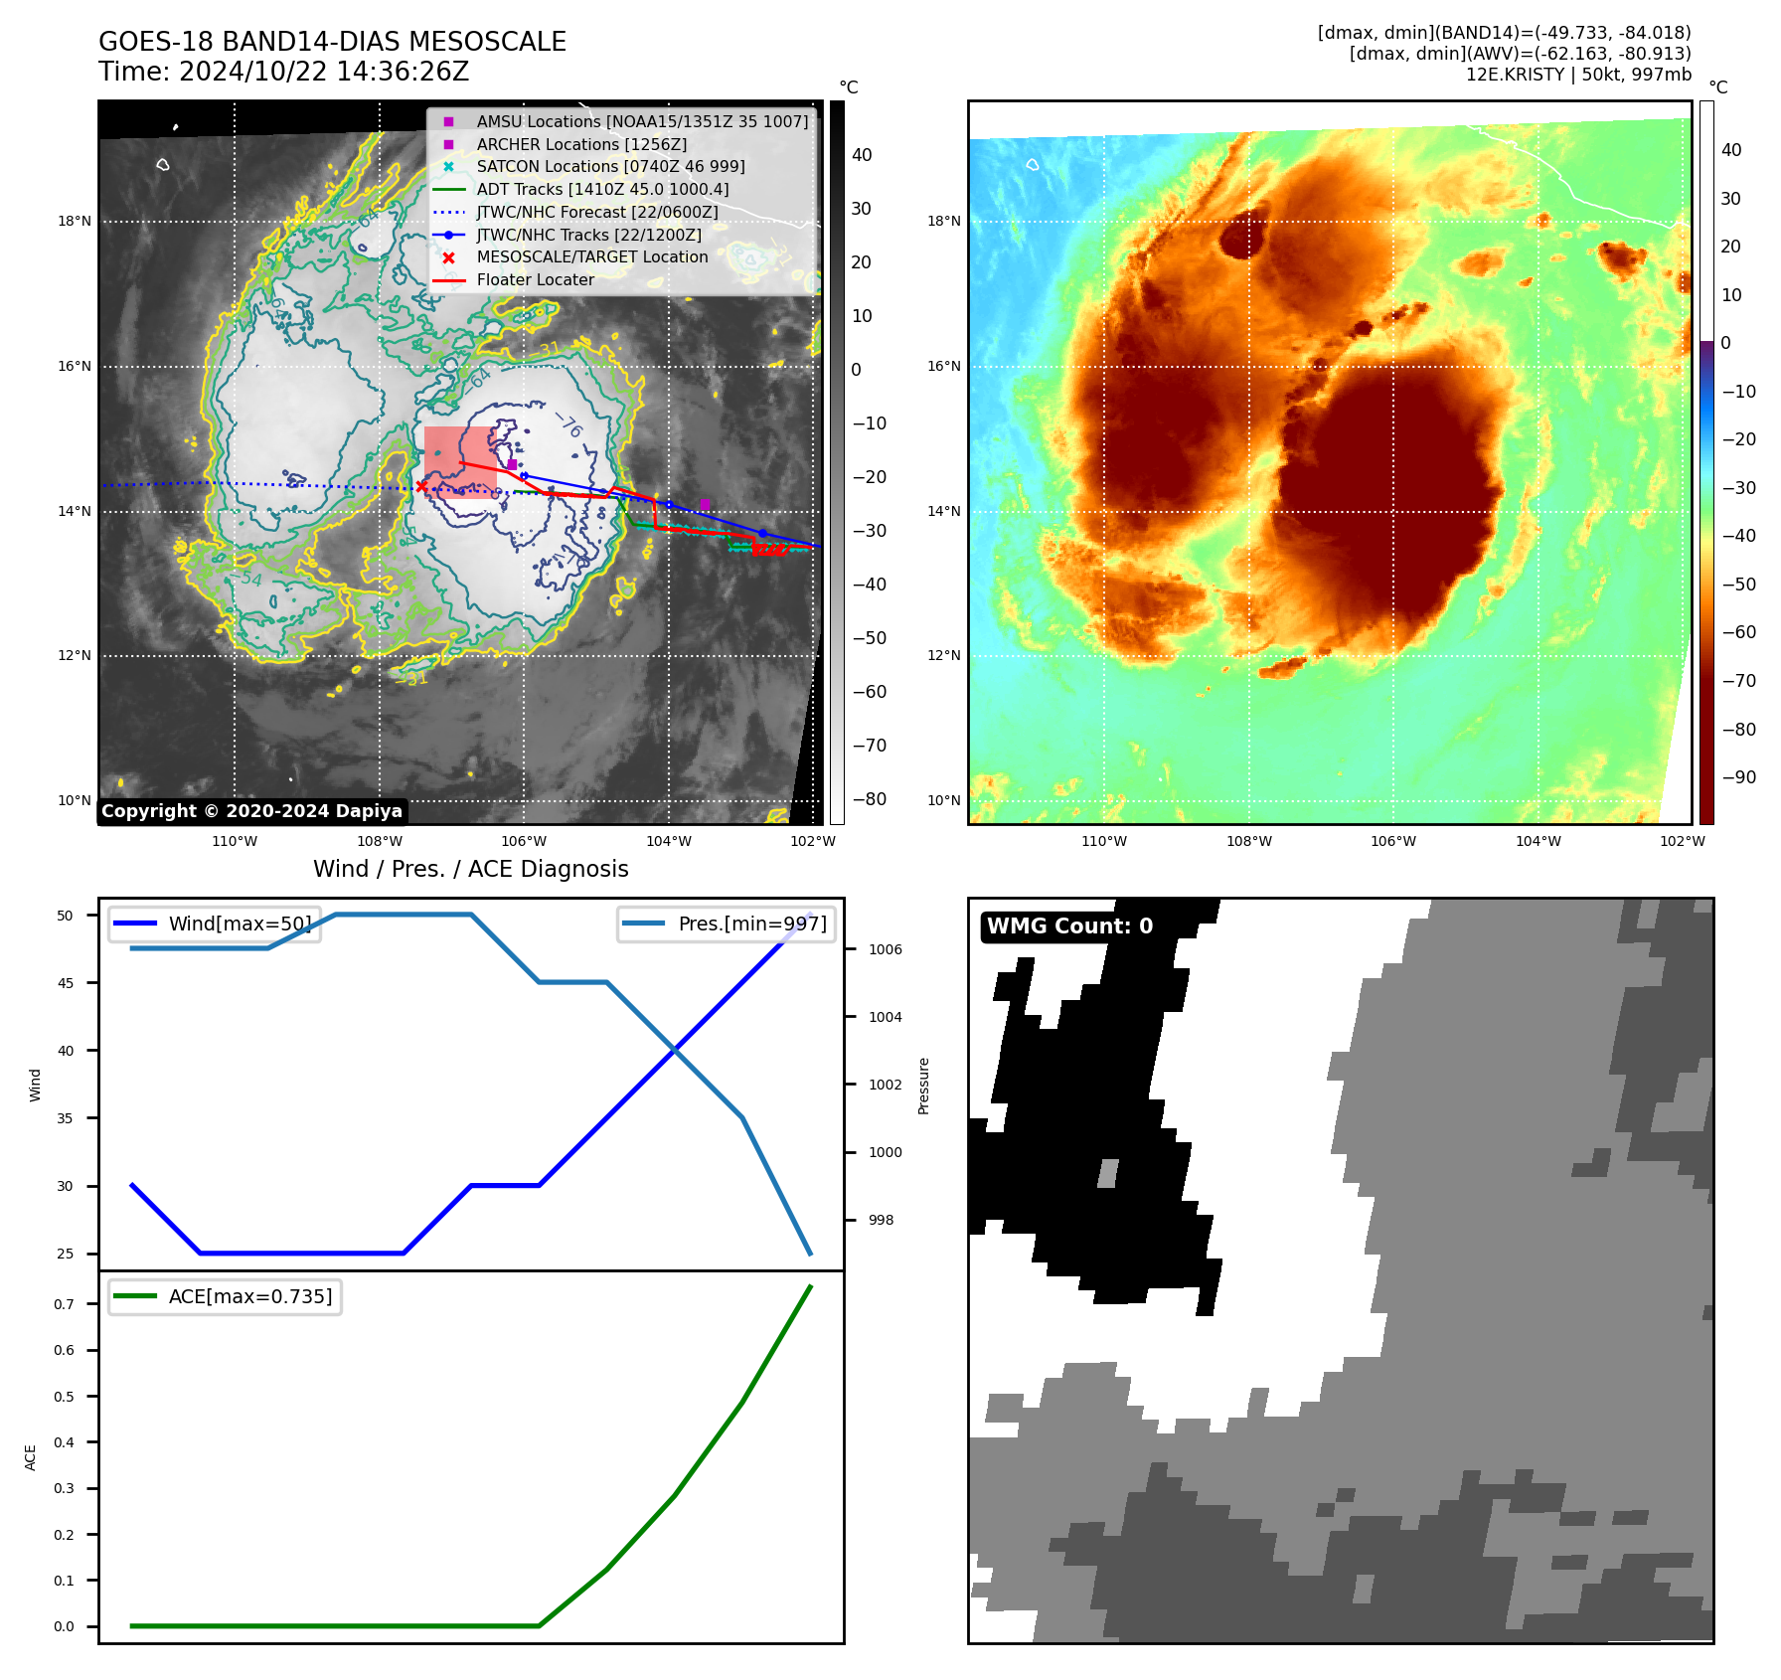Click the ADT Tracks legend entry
[602, 189]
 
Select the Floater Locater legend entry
[535, 279]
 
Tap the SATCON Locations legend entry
[610, 166]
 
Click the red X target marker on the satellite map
[422, 486]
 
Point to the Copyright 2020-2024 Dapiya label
[251, 811]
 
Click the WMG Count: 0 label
[1069, 926]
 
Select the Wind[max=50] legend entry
[240, 924]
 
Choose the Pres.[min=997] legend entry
[751, 924]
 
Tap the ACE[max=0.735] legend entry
[249, 1296]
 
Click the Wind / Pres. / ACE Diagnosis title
[470, 869]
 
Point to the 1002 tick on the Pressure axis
[885, 1085]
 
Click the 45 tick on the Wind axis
[66, 983]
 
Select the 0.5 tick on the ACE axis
[64, 1397]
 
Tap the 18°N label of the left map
[75, 222]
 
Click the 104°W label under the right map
[1538, 841]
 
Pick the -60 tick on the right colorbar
[1738, 632]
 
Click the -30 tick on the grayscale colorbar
[869, 531]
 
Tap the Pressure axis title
[923, 1086]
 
